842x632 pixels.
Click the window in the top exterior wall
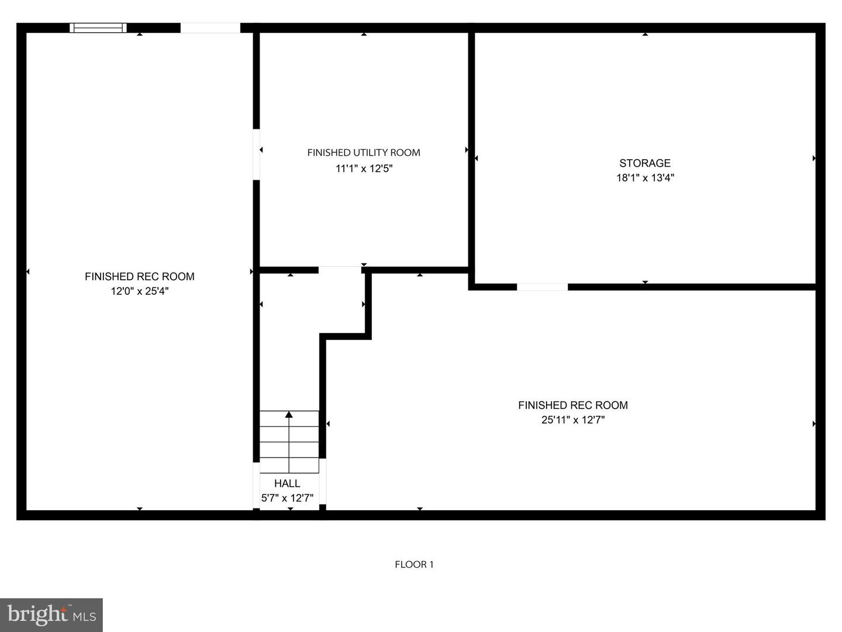[x=98, y=28]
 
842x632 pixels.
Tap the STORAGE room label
[x=645, y=163]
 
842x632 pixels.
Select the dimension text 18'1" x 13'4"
[x=645, y=178]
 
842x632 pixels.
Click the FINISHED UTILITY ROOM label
[x=364, y=153]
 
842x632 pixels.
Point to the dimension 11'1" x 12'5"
[x=364, y=169]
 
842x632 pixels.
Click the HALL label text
[x=287, y=483]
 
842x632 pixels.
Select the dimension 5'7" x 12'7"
[x=287, y=498]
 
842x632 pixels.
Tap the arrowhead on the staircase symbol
[x=289, y=414]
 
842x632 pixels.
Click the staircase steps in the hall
[x=289, y=442]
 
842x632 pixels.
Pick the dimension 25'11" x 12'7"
[x=572, y=420]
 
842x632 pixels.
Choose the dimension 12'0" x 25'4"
[x=140, y=291]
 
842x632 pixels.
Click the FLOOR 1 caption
[x=415, y=565]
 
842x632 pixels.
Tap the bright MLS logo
[x=51, y=614]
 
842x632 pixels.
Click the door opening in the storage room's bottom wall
[x=542, y=287]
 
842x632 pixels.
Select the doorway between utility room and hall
[x=340, y=270]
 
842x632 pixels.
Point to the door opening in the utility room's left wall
[x=256, y=154]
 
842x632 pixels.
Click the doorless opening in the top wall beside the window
[x=210, y=28]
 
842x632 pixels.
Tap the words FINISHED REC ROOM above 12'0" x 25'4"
[x=140, y=276]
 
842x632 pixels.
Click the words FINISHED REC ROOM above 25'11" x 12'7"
[x=572, y=405]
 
